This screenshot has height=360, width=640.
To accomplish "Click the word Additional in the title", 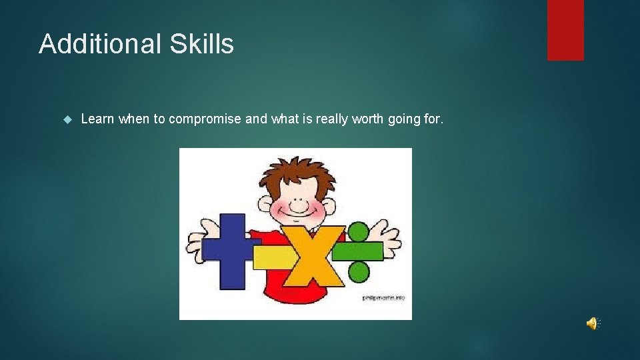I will [x=99, y=44].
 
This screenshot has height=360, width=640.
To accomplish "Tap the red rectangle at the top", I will [x=565, y=29].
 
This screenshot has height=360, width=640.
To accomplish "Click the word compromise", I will [x=205, y=119].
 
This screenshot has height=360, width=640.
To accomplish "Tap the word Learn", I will [x=98, y=119].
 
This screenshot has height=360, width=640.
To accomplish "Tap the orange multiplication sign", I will [x=312, y=255].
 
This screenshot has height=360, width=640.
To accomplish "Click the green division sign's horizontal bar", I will [x=358, y=251].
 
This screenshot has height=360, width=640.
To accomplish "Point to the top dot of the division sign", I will [x=358, y=232].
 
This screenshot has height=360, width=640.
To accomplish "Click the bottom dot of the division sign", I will [x=359, y=271].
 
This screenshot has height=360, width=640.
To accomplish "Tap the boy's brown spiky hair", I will [x=296, y=173].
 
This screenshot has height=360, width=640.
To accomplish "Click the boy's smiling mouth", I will [x=299, y=214].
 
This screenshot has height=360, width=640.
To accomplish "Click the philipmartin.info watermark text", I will [x=383, y=297].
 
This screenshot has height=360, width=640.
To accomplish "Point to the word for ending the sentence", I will [x=434, y=119].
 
